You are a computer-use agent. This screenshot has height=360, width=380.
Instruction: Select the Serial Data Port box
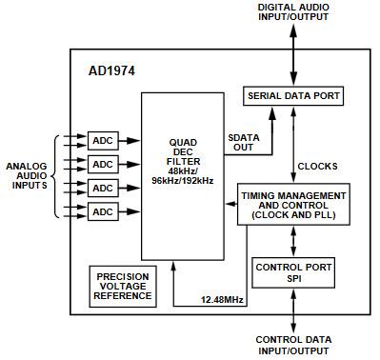(x=292, y=97)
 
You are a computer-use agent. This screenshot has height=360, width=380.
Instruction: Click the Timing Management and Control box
(x=292, y=206)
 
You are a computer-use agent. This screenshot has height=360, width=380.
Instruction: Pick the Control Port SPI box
(x=292, y=273)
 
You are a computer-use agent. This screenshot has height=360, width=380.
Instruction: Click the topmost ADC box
(x=102, y=139)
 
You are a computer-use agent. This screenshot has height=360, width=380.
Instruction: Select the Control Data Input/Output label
(x=292, y=344)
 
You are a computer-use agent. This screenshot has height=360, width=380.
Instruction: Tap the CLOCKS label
(x=315, y=166)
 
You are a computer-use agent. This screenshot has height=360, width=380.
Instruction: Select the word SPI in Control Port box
(x=292, y=280)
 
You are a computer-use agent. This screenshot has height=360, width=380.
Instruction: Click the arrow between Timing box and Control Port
(x=292, y=240)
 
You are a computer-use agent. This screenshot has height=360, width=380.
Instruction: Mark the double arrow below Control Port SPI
(x=292, y=312)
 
